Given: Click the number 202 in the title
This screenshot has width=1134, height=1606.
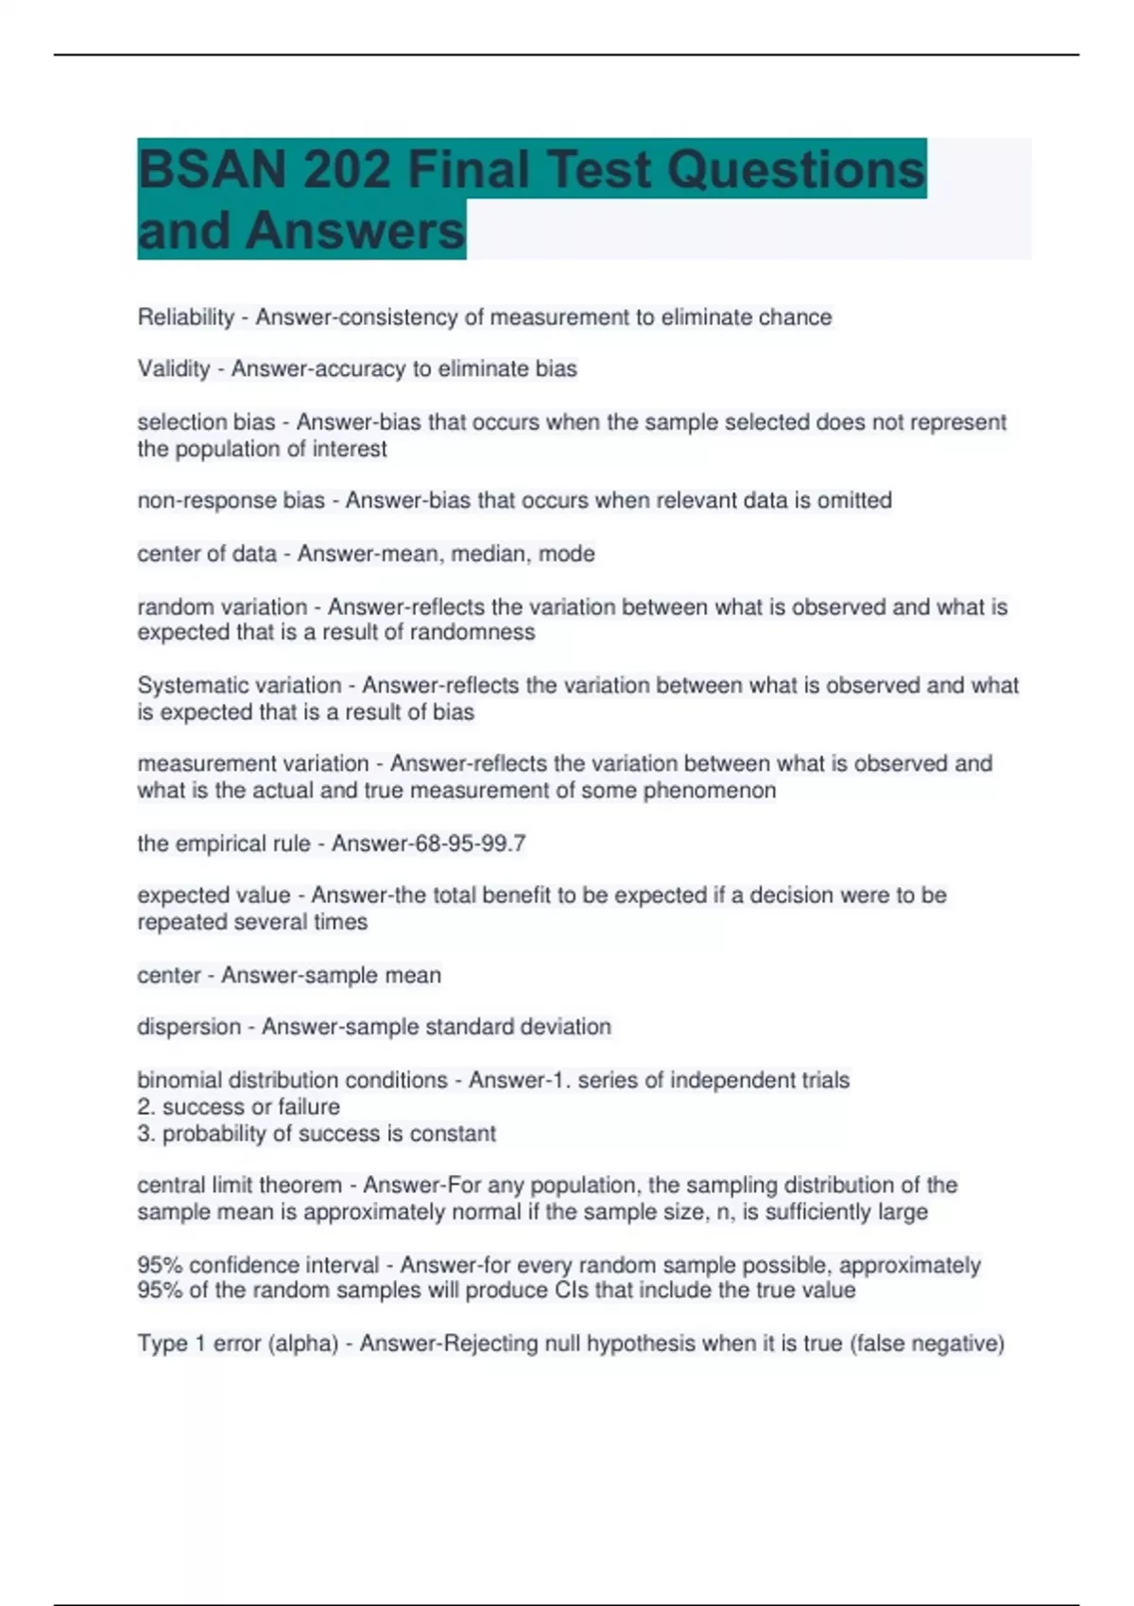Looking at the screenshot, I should coord(347,170).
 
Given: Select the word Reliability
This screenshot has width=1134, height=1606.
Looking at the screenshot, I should coord(185,317).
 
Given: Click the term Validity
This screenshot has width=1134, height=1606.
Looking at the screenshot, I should coord(174,369).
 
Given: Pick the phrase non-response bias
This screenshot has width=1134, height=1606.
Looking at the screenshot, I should coord(231,501).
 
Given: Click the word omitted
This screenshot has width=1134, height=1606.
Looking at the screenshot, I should coord(854,501).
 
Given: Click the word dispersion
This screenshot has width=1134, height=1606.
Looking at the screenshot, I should coord(189,1027).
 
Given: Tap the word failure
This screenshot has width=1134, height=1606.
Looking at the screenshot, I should coord(309,1107).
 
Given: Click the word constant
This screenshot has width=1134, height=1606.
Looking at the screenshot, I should coord(453,1134).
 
